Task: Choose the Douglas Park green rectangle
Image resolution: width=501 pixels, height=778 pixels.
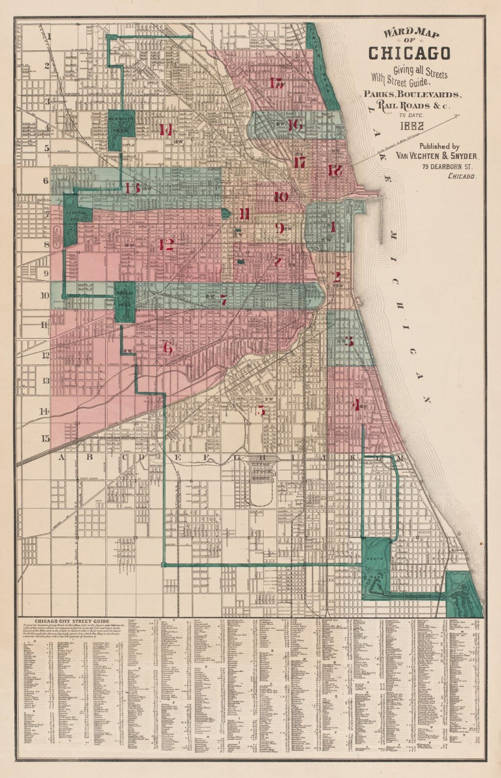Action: [124, 303]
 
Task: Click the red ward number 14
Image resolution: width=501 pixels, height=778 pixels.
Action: [165, 130]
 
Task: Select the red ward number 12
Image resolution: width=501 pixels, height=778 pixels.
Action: [166, 244]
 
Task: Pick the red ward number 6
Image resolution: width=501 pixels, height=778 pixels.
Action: [168, 348]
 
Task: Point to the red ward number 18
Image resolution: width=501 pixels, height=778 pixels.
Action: [335, 170]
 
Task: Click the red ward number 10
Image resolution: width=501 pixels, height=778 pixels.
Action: [281, 197]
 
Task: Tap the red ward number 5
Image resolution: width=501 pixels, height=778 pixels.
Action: [261, 410]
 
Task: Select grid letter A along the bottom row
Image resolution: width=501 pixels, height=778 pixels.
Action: [62, 457]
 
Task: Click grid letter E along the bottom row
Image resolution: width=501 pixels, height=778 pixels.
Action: [178, 457]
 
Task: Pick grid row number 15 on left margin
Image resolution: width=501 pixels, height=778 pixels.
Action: [45, 438]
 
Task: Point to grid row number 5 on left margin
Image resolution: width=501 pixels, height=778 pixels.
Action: [47, 147]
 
